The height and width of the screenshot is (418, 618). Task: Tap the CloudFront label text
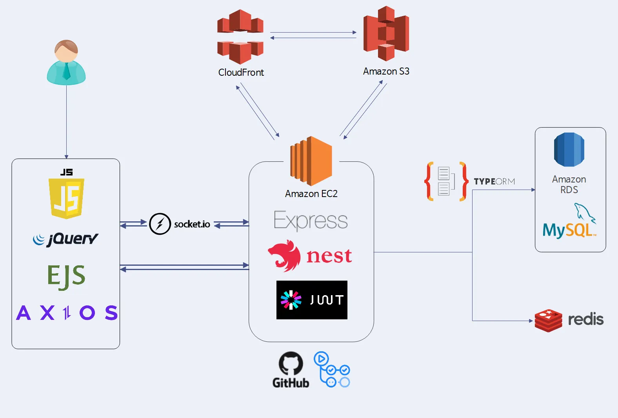point(241,73)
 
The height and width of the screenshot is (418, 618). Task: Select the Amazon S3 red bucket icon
point(386,34)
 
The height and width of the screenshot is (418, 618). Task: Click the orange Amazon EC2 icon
point(311,161)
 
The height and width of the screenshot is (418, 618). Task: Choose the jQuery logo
point(65,239)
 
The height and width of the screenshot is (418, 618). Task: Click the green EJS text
point(66,276)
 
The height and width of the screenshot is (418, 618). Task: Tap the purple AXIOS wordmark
point(67,313)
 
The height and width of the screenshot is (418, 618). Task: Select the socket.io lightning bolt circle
point(160,224)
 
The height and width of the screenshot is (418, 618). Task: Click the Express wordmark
point(311,221)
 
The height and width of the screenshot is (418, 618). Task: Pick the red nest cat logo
point(284,256)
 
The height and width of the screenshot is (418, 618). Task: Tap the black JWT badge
point(312,300)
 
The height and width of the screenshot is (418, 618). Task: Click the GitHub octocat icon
point(291,363)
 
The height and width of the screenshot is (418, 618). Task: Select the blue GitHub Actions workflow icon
point(332,369)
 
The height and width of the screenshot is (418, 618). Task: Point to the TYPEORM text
point(494,181)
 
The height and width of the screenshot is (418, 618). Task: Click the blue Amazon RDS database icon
point(569,150)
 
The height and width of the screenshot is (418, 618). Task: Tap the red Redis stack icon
point(548,320)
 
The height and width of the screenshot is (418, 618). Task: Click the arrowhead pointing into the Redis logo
point(531,321)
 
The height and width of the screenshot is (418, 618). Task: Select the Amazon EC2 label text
point(311,194)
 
